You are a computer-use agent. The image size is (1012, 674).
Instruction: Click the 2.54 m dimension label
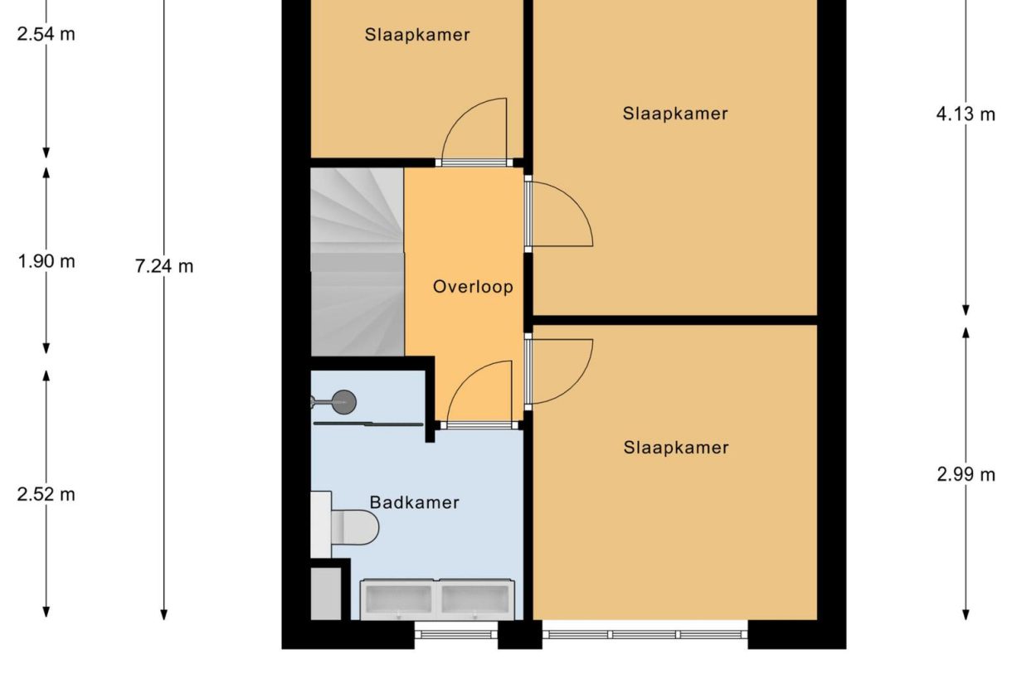pyautogui.click(x=46, y=35)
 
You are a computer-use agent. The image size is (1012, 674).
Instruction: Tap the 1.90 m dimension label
pyautogui.click(x=46, y=261)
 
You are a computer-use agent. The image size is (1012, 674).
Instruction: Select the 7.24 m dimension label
pyautogui.click(x=164, y=266)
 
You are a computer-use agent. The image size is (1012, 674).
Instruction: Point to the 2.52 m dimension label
pyautogui.click(x=46, y=494)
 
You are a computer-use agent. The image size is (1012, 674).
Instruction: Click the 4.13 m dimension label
pyautogui.click(x=966, y=114)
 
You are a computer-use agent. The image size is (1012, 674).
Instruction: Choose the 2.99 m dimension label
pyautogui.click(x=966, y=474)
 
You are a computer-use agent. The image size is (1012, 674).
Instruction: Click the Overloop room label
pyautogui.click(x=473, y=287)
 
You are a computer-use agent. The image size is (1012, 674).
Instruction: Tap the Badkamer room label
pyautogui.click(x=414, y=502)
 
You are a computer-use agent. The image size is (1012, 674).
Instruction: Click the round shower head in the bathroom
pyautogui.click(x=343, y=403)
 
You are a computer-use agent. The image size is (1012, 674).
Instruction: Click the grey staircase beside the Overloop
pyautogui.click(x=357, y=261)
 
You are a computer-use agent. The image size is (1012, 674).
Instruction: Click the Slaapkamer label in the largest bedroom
pyautogui.click(x=675, y=114)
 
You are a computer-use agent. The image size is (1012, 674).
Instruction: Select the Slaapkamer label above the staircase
pyautogui.click(x=417, y=35)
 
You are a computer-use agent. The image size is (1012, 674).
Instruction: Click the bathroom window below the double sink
pyautogui.click(x=455, y=634)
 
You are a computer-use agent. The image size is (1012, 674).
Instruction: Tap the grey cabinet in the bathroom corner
pyautogui.click(x=326, y=592)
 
